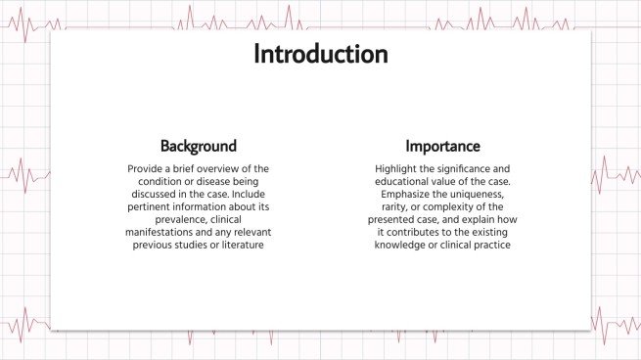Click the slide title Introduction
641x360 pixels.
click(x=320, y=55)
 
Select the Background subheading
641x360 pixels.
click(x=199, y=147)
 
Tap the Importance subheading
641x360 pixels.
click(x=443, y=147)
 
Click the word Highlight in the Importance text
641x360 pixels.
click(x=399, y=169)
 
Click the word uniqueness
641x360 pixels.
click(x=481, y=195)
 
